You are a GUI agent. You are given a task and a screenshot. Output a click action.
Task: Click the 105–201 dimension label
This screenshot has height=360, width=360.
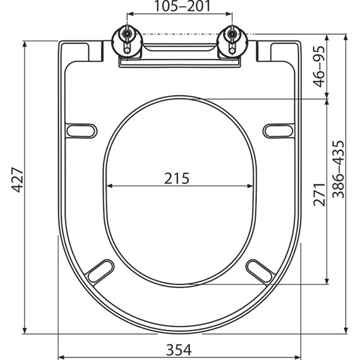coord(179,7)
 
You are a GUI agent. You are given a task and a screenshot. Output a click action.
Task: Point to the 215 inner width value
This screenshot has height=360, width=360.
coord(177,178)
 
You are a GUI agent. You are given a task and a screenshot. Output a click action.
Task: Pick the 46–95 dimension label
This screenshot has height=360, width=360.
coord(320,66)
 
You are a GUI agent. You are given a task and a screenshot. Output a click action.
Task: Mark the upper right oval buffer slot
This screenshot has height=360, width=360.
coord(278,130)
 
